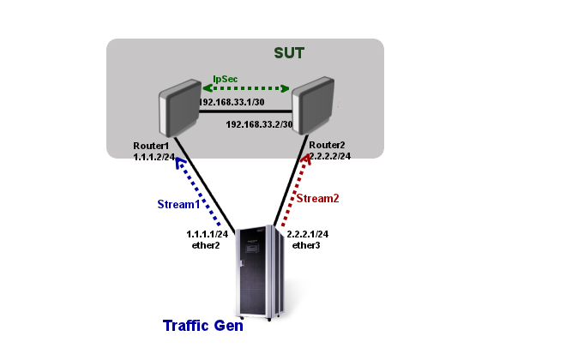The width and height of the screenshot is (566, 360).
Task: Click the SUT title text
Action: (289, 53)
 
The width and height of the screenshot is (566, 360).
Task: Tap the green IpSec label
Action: (226, 79)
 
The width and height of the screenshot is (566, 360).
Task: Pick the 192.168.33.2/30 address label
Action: (259, 124)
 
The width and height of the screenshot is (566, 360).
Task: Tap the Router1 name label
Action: (151, 146)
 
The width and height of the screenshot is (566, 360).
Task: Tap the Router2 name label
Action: (327, 146)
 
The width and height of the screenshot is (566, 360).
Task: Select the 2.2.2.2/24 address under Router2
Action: (331, 157)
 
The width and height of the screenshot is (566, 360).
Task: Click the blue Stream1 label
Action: (178, 205)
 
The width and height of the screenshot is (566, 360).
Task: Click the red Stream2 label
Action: (317, 198)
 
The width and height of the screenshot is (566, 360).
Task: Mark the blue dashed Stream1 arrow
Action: (199, 194)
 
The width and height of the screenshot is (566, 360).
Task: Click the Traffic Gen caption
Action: (203, 326)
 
